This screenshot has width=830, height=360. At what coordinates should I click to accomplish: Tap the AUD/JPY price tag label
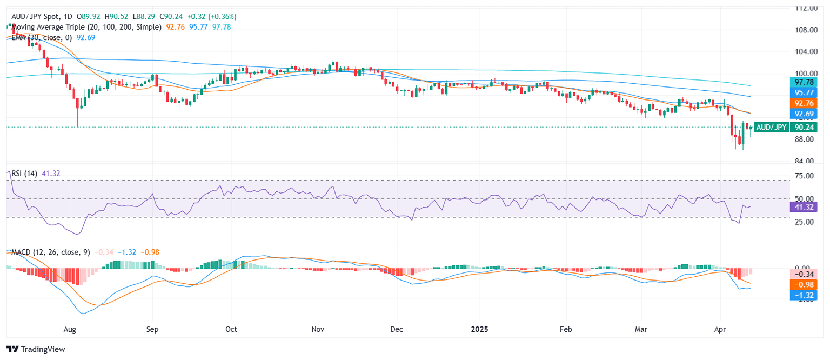point(771,128)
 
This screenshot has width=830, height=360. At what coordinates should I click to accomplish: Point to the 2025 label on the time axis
point(480,329)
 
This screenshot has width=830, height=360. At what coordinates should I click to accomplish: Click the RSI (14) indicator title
point(24,172)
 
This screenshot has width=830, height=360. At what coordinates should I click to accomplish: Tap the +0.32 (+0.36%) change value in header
point(211,17)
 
